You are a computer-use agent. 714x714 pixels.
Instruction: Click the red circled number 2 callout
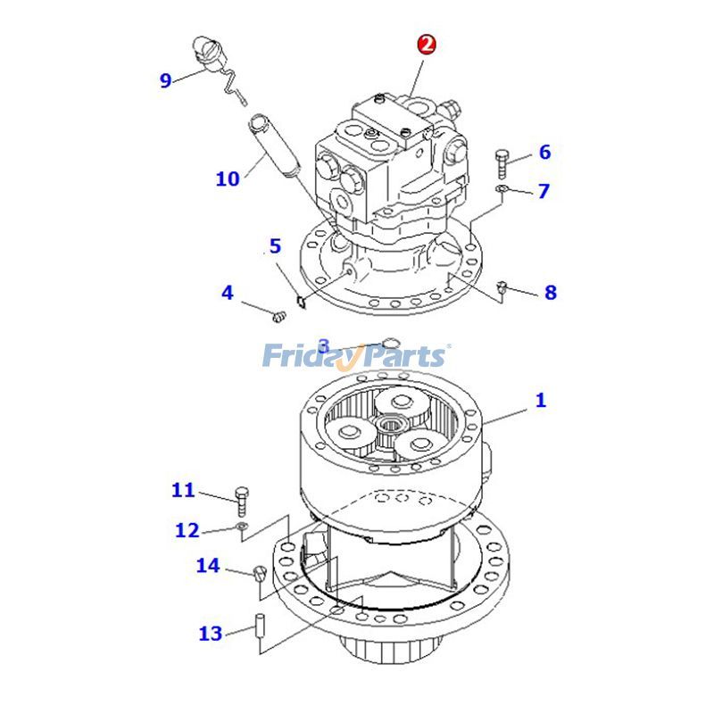click(427, 45)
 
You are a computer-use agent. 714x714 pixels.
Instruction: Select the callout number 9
click(165, 80)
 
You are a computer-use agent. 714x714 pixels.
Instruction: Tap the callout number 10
click(228, 178)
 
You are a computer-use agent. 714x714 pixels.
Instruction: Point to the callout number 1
click(540, 401)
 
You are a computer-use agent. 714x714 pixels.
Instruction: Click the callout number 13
click(211, 634)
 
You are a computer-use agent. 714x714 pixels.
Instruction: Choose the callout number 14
click(207, 566)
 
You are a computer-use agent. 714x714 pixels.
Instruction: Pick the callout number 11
click(183, 490)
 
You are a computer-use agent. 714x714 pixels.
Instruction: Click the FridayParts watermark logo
click(355, 356)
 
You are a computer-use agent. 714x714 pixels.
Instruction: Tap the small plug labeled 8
click(502, 286)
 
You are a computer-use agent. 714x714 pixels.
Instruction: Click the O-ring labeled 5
click(301, 300)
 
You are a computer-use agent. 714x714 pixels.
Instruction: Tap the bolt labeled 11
click(240, 500)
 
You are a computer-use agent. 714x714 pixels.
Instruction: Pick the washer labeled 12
click(242, 528)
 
